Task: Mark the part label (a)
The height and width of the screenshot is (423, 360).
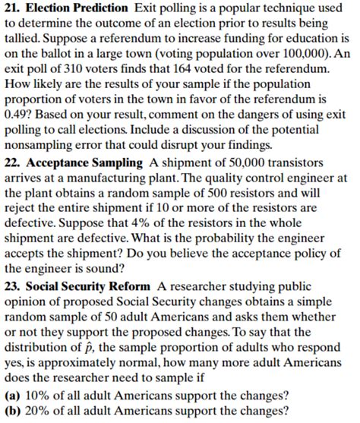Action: (x=13, y=395)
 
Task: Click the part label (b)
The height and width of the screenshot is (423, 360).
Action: (x=13, y=411)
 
